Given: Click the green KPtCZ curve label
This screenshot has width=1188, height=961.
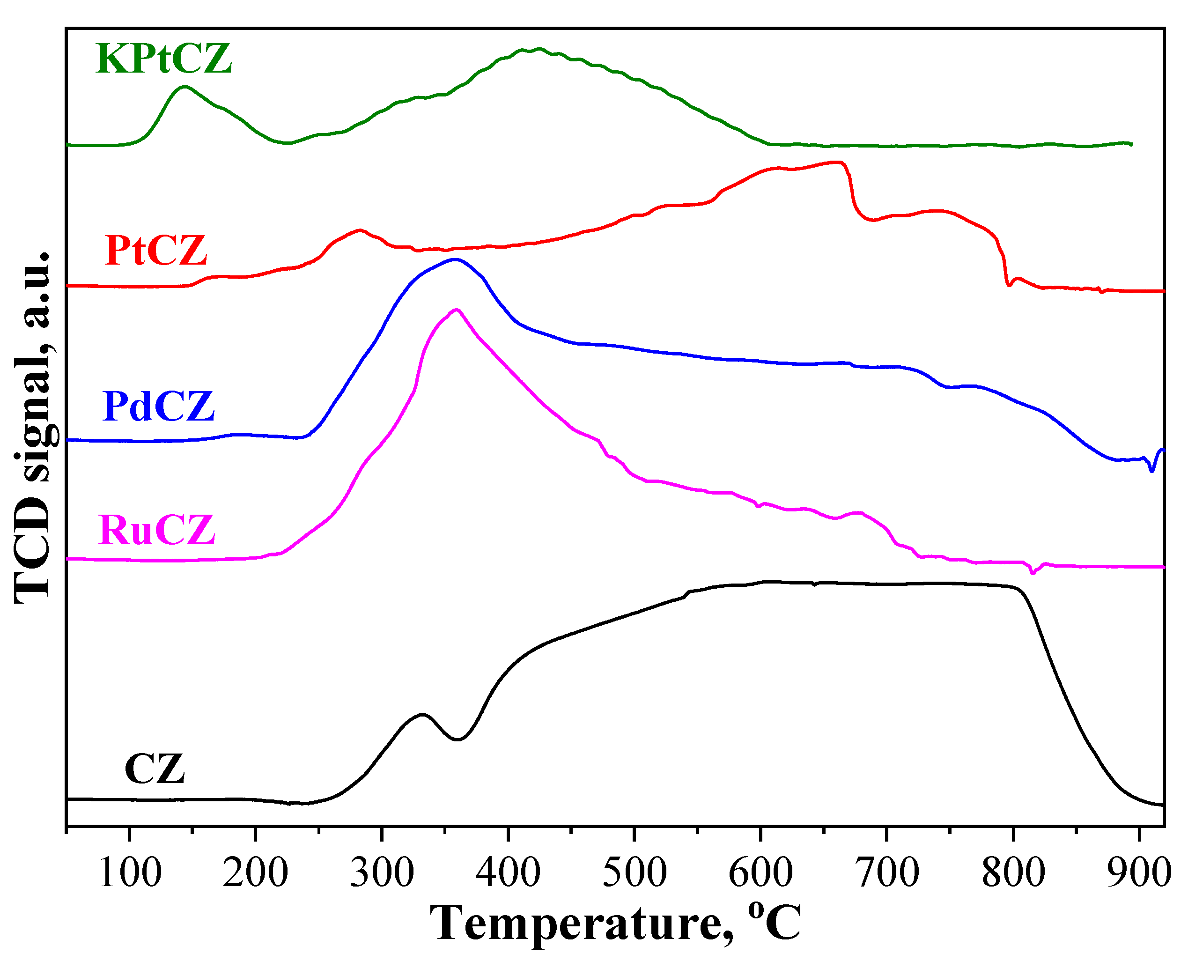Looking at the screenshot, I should click(x=164, y=59).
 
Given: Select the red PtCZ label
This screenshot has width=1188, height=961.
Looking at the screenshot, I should click(x=155, y=250).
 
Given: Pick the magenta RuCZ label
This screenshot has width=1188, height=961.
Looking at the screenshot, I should click(x=157, y=530).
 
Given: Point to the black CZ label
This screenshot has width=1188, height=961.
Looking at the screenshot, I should click(x=155, y=769).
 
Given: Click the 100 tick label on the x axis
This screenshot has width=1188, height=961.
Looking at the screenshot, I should click(x=130, y=873).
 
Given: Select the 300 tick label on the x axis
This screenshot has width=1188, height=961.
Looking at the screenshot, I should click(x=382, y=873).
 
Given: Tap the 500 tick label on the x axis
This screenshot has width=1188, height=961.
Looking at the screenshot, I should click(x=635, y=873).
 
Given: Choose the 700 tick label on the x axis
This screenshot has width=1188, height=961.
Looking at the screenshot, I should click(x=887, y=873).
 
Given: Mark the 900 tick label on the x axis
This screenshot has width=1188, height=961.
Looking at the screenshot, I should click(x=1139, y=873).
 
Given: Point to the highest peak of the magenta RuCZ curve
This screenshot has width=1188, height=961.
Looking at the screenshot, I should click(x=457, y=310).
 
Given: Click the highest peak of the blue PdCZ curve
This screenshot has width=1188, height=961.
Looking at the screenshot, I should click(x=455, y=259).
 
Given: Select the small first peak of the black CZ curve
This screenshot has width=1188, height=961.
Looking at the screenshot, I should click(x=423, y=714).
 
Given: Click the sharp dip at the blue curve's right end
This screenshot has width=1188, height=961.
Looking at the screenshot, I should click(x=1152, y=471).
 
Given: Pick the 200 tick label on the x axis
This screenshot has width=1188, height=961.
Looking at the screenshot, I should click(x=256, y=873).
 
